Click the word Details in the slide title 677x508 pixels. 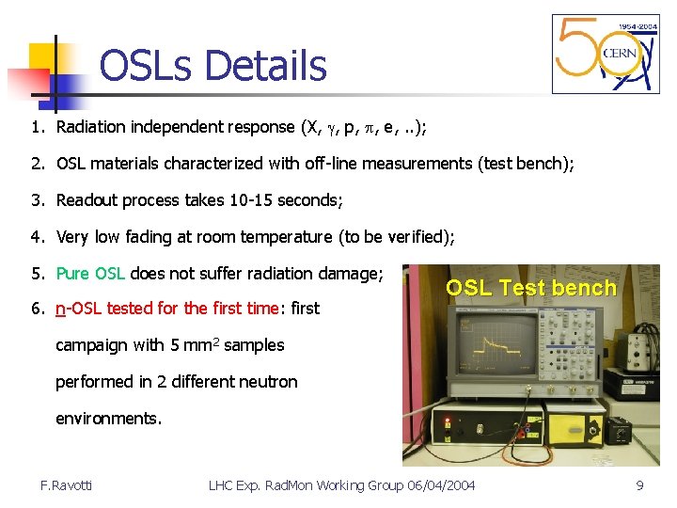pos(265,66)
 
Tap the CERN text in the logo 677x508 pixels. pos(619,52)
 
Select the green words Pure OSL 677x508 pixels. pos(90,274)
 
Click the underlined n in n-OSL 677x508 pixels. pos(60,308)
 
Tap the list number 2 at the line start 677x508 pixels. pos(36,164)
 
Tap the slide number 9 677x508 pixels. pos(639,485)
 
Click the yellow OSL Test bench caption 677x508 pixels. pos(530,288)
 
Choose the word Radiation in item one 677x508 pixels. pos(93,127)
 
